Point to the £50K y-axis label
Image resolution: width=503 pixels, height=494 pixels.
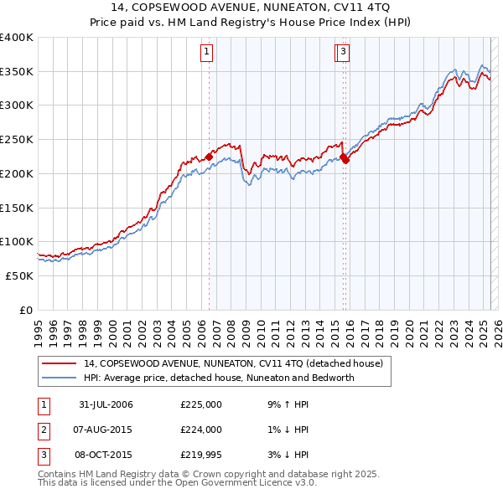click(20, 275)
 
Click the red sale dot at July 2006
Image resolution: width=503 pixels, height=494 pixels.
click(209, 156)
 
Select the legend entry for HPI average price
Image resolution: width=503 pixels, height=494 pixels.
click(219, 378)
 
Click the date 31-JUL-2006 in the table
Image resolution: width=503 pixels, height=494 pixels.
click(106, 405)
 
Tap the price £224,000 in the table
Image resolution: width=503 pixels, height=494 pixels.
click(200, 430)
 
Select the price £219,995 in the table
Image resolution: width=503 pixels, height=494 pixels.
click(200, 455)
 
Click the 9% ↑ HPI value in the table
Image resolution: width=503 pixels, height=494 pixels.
click(285, 405)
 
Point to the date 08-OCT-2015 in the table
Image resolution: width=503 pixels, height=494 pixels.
click(106, 455)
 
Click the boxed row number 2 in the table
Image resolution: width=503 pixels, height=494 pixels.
click(43, 430)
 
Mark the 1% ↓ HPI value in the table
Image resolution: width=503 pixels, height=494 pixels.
click(285, 430)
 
